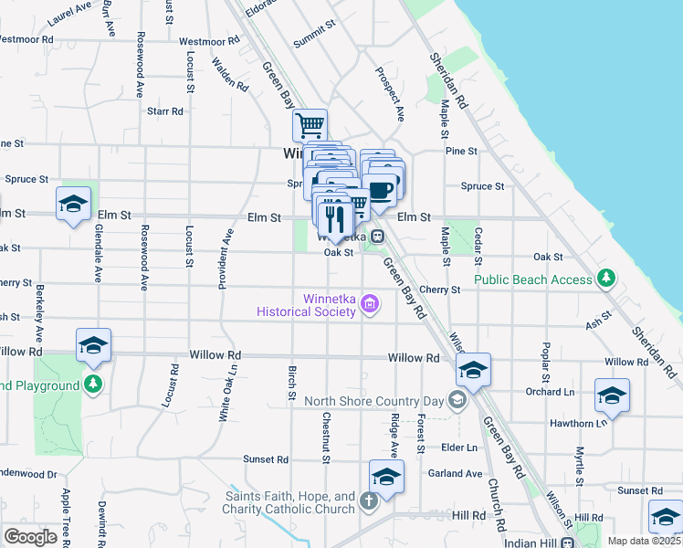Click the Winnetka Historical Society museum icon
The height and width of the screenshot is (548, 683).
369,304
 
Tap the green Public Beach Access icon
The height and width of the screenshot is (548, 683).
604,277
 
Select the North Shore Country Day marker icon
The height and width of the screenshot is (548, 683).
457,400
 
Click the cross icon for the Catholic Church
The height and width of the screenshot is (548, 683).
367,501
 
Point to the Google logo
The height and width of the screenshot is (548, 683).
30,536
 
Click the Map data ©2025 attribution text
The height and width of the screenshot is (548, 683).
644,541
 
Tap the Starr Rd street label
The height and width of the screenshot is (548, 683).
165,111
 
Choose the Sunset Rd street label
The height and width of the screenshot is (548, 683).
265,459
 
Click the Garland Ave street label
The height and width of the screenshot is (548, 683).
461,474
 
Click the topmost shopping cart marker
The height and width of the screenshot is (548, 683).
310,124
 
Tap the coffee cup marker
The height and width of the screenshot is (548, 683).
381,189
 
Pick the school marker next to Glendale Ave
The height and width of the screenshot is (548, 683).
73,203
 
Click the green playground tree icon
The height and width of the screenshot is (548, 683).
92,383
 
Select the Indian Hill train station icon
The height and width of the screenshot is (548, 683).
567,543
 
